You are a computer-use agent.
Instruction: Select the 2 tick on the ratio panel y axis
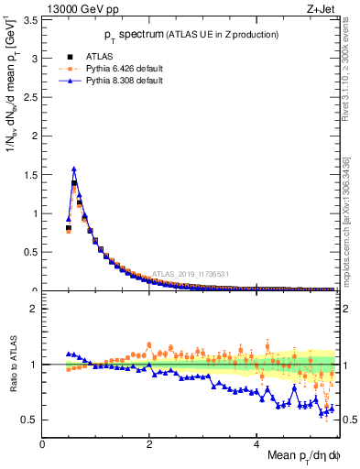coord(35,309)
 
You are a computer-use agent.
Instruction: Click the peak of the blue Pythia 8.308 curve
coord(73,169)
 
